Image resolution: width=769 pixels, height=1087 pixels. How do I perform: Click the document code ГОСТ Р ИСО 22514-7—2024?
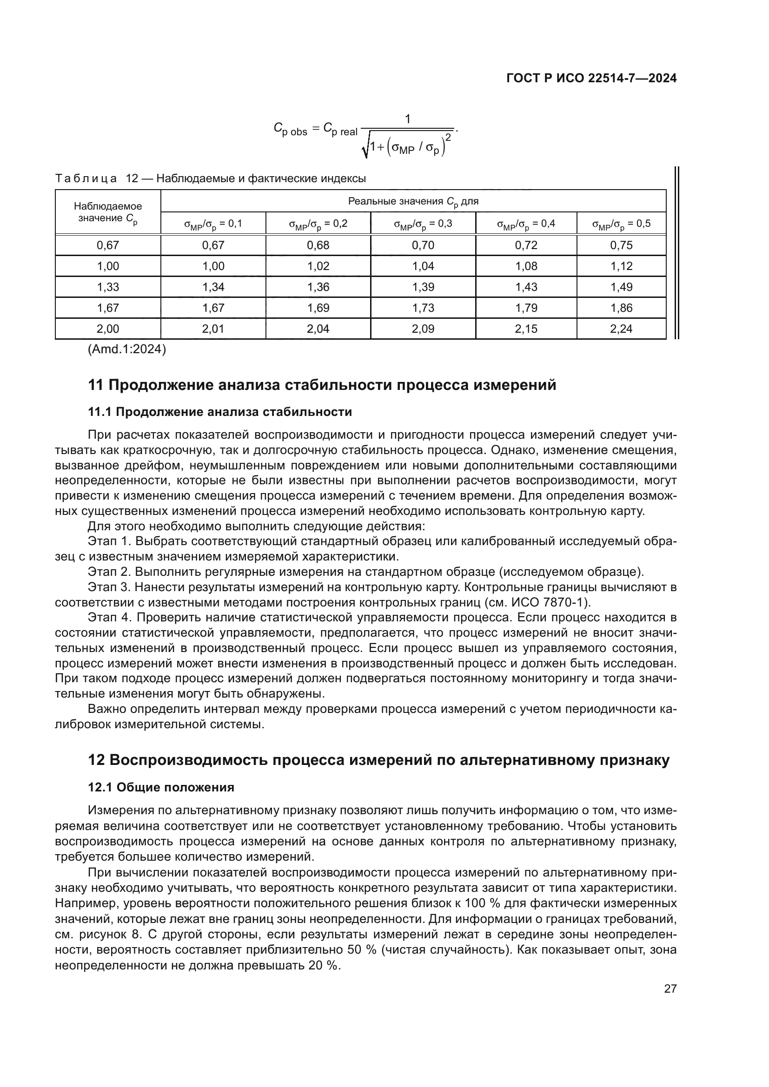591,78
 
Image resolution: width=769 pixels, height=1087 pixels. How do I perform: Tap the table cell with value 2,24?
621,329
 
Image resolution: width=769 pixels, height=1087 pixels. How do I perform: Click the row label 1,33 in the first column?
108,287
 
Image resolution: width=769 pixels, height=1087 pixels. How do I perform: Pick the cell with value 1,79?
526,308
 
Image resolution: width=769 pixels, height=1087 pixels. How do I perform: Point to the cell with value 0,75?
621,245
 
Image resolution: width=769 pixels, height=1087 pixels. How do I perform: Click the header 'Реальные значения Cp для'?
413,201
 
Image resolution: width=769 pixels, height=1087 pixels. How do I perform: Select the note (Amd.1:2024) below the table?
127,349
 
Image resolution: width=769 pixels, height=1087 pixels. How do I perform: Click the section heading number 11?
96,385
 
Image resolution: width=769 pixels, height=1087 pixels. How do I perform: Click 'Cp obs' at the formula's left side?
290,129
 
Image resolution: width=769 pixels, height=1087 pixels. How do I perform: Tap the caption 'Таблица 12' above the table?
96,179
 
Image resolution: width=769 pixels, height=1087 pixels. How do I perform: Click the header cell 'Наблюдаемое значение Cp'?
108,212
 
